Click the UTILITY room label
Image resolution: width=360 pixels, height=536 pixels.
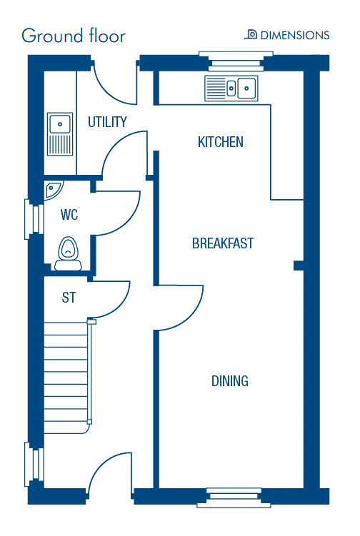107,122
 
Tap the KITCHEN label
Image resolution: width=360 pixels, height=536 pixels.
221,142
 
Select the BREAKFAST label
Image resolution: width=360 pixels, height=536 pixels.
223,243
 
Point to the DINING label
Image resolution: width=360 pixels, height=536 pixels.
229,381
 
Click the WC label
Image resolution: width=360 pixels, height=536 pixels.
69,215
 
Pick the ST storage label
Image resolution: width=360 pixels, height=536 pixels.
69,298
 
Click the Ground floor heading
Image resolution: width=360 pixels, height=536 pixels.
74,36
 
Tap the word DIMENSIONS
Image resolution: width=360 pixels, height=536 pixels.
295,35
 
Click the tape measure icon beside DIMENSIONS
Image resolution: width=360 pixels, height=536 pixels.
251,34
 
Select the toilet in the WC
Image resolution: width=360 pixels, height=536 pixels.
68,253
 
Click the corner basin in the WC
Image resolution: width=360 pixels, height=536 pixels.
53,189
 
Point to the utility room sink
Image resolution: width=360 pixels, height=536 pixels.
60,134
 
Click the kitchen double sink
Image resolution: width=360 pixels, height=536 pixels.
231,89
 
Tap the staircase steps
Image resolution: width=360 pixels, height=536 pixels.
66,378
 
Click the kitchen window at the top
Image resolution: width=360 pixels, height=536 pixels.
236,61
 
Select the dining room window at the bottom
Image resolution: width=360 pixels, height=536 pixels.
234,497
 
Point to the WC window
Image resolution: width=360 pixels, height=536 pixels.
34,219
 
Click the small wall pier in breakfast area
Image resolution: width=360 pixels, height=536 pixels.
299,266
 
